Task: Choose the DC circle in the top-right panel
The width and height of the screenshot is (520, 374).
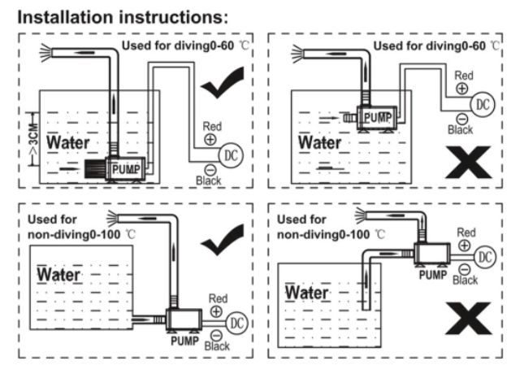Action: click(483, 104)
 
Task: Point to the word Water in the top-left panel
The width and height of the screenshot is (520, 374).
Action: click(68, 143)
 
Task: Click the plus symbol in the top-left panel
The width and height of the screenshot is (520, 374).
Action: click(210, 139)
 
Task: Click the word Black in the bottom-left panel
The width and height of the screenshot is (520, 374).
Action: click(217, 345)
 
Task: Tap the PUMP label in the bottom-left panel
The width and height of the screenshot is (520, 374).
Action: click(184, 341)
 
